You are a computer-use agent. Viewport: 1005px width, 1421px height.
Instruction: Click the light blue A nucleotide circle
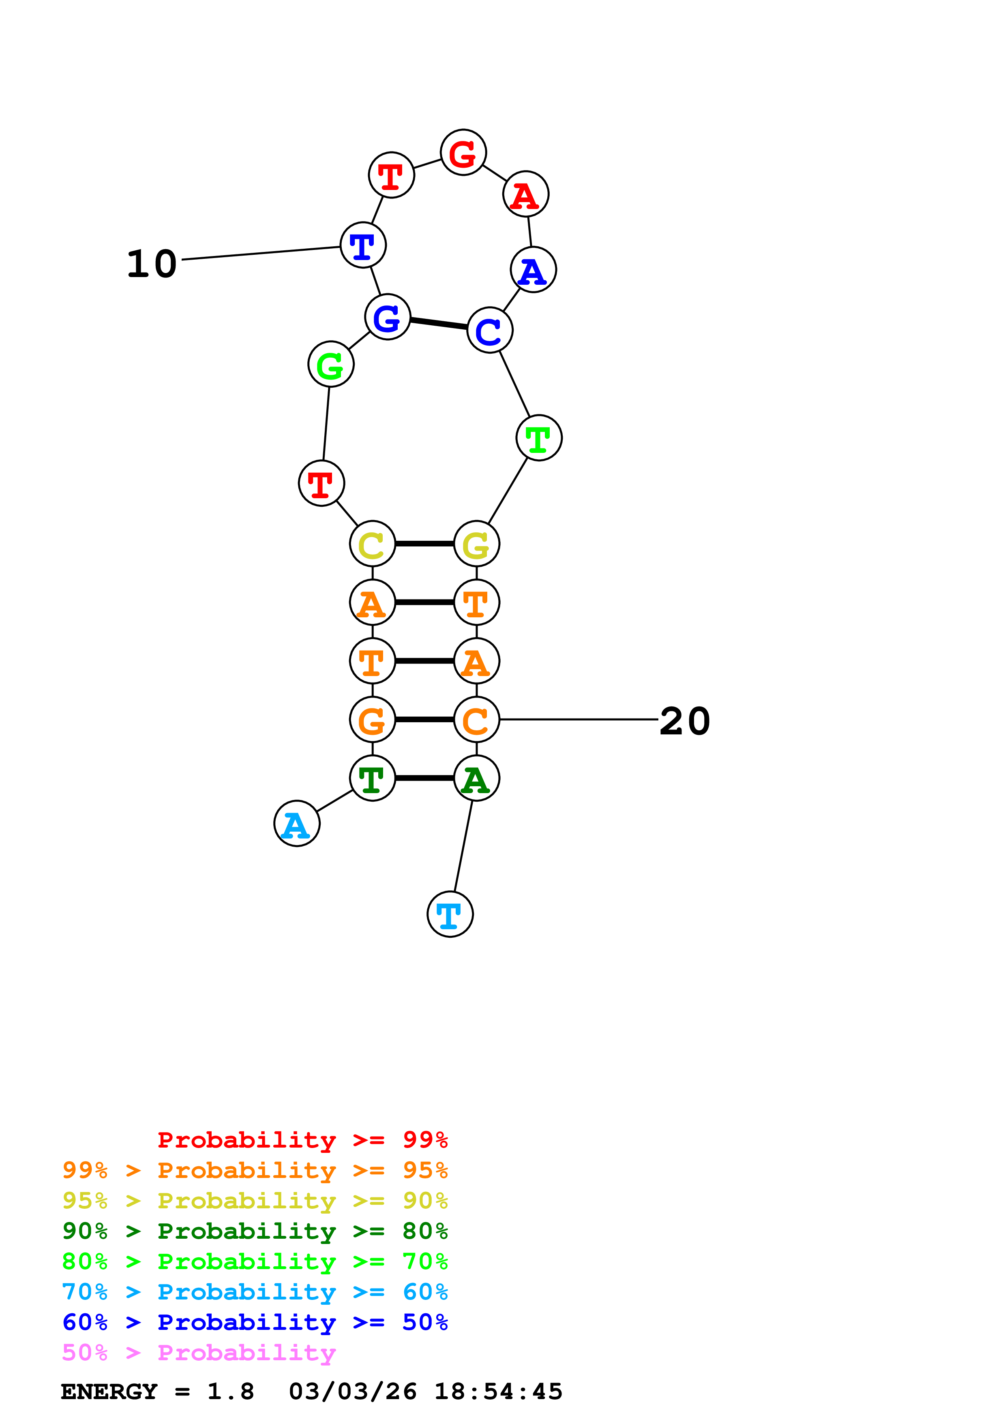297,824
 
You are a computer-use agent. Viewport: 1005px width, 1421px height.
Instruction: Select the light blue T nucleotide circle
450,914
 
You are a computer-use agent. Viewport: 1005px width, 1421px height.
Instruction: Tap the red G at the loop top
463,152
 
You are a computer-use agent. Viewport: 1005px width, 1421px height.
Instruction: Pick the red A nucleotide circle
526,194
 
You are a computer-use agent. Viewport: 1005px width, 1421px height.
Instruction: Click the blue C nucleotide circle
490,331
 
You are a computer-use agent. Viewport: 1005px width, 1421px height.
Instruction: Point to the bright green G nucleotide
331,365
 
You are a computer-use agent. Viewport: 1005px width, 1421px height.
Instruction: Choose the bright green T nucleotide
539,438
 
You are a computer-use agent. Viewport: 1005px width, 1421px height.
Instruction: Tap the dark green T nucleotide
372,779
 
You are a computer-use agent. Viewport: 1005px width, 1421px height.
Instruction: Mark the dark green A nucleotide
476,779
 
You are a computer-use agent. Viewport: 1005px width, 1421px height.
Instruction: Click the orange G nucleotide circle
372,720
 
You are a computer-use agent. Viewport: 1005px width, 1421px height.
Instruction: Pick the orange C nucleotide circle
476,720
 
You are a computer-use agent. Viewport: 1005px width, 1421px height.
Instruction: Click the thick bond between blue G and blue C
438,323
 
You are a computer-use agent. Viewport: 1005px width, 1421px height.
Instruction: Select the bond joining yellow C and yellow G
424,544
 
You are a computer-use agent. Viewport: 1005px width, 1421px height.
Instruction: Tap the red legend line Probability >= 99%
302,1140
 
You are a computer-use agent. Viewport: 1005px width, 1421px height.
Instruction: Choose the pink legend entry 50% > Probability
199,1353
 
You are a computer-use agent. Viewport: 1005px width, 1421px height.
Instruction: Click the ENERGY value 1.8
230,1392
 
